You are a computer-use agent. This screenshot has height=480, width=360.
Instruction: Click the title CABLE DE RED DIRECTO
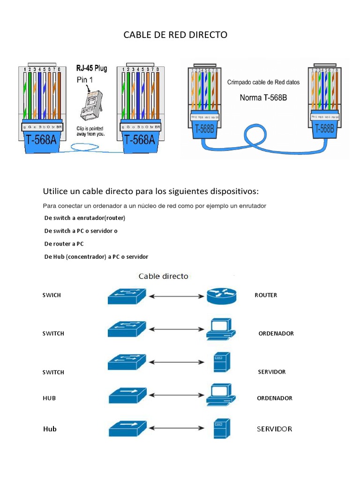175,35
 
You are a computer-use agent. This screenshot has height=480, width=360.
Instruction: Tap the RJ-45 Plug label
91,68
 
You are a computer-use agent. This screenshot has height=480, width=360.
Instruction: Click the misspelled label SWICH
52,295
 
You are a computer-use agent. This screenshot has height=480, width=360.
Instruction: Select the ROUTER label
266,295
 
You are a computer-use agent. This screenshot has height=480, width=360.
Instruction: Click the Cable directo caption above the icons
163,276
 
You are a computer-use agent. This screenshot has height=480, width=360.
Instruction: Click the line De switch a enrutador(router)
85,218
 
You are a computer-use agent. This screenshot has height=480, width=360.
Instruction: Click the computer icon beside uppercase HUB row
220,394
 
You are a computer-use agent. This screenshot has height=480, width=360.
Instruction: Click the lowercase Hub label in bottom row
50,429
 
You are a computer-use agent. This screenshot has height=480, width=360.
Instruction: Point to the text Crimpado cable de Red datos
263,82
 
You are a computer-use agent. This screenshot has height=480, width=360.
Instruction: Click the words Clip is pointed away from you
90,131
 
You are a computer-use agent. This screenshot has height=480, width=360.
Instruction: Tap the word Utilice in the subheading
55,192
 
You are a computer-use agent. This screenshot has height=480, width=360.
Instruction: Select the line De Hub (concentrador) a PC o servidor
96,256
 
